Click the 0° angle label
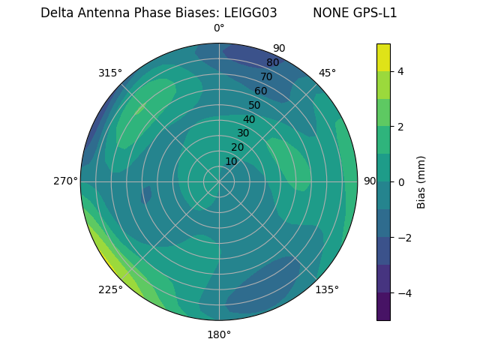tap(219, 28)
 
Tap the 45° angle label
tap(327, 73)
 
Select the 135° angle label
tap(327, 289)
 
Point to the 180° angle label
tap(219, 334)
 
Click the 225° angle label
tap(110, 289)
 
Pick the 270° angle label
tap(66, 181)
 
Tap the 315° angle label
tap(110, 73)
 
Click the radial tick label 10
tap(231, 161)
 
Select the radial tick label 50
tap(254, 105)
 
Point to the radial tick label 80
tap(272, 62)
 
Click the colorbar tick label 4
tap(401, 71)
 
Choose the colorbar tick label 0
tap(401, 182)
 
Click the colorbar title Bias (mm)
tap(421, 182)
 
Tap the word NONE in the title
tap(328, 13)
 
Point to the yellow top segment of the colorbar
tap(383, 57)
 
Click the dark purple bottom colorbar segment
tap(383, 307)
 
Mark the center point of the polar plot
tap(219, 181)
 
